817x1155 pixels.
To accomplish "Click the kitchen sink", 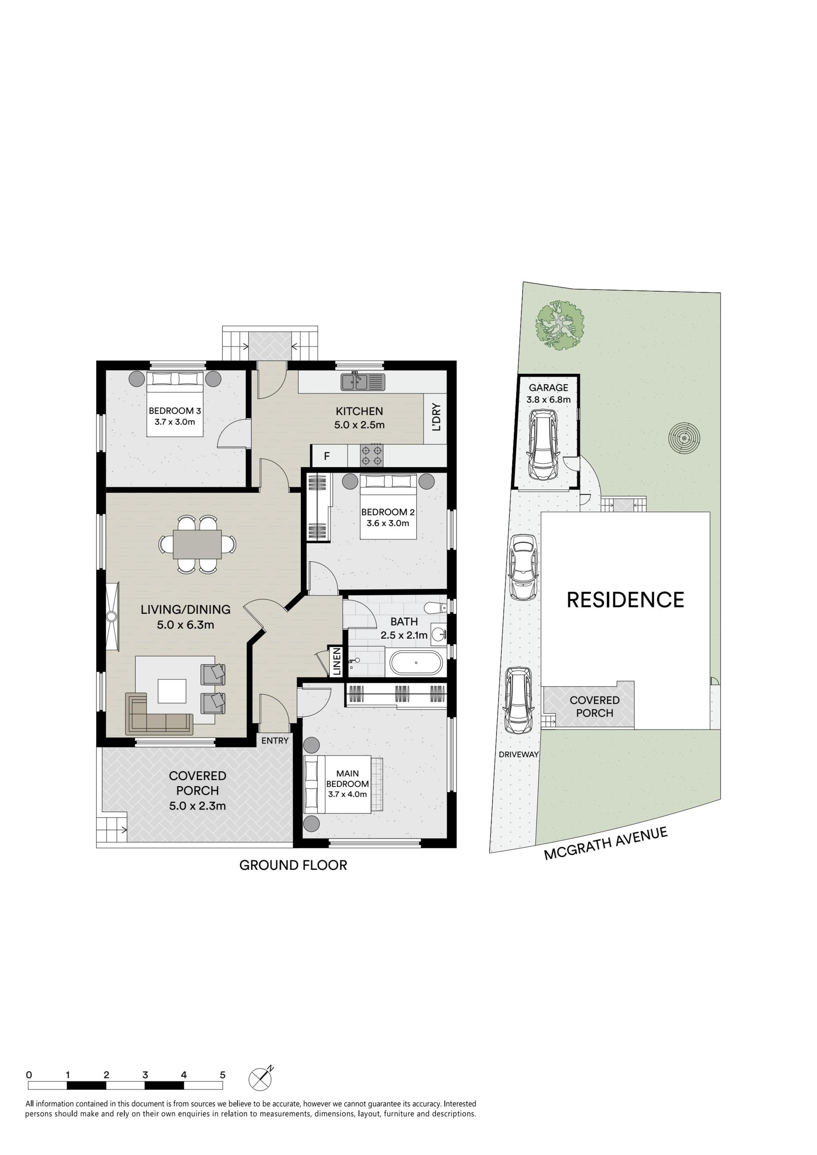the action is [363, 382].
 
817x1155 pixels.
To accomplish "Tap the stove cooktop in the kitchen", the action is [371, 455].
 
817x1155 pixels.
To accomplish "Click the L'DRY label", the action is [436, 417].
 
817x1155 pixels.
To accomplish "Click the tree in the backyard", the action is [560, 325].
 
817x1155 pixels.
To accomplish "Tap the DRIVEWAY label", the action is [518, 755].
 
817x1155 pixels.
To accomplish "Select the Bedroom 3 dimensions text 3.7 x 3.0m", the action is [175, 422].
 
